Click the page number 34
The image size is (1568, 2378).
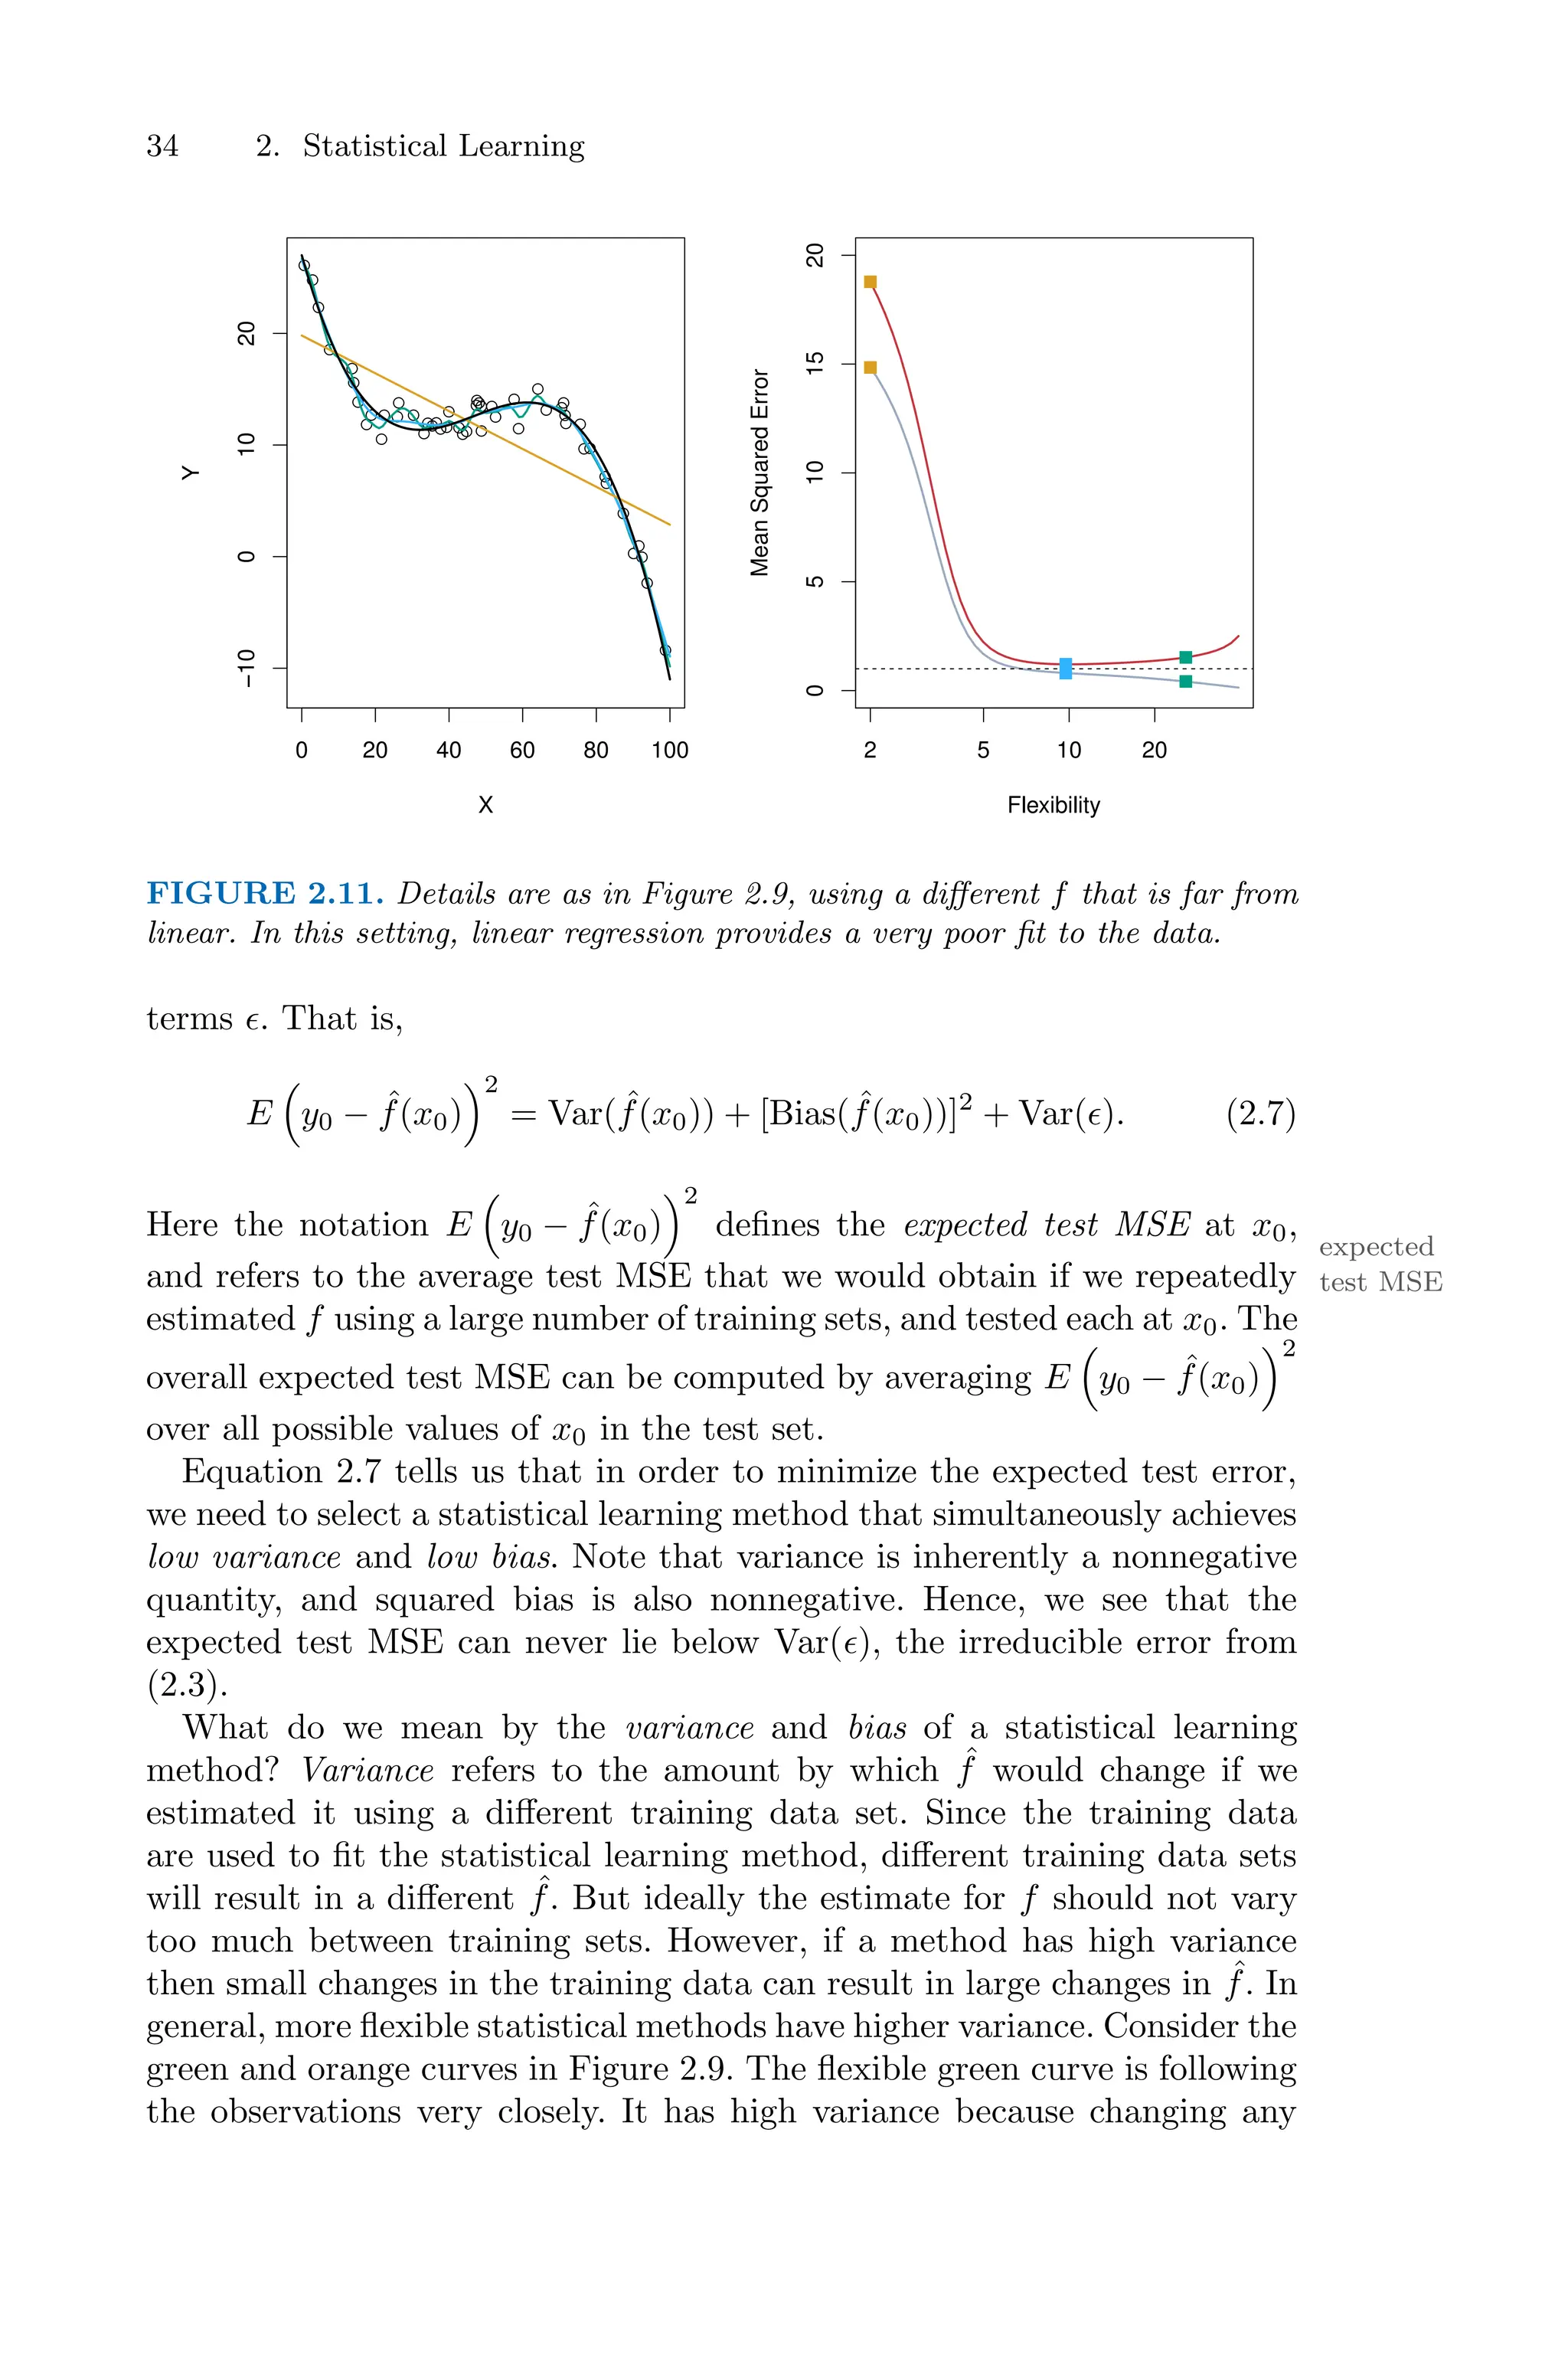162,146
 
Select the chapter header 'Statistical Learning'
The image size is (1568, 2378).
443,146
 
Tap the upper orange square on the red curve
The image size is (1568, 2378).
870,282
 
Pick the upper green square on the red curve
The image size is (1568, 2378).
1185,657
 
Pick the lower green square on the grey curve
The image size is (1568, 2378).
1185,681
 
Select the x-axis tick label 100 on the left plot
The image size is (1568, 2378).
669,750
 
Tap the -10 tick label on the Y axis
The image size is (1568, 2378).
246,668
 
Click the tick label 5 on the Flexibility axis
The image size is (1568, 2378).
983,750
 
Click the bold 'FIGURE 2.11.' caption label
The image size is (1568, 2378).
265,893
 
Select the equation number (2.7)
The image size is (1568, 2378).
1260,1113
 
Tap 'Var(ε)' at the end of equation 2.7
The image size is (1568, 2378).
1070,1113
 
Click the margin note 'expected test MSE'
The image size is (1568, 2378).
1380,1264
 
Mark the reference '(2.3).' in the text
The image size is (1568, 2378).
187,1685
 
